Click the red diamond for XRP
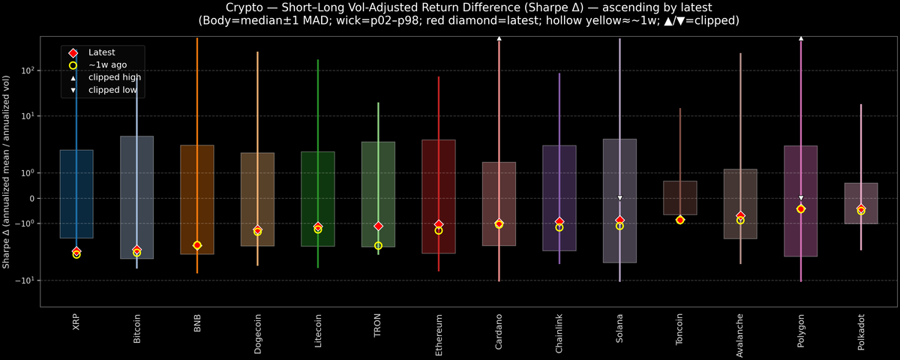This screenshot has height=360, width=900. pos(76,251)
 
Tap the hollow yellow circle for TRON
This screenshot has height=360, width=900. pos(378,245)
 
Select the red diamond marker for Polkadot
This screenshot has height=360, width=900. pos(861,208)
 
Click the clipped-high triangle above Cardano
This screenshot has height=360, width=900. pos(499,37)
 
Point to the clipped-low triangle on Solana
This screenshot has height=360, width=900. pos(619,198)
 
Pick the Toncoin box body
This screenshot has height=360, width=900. pos(679,197)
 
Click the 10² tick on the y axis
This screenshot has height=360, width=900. pos(28,70)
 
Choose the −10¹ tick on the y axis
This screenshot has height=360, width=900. pos(26,280)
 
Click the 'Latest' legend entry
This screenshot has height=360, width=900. pos(101,52)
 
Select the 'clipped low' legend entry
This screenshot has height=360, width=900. pos(112,89)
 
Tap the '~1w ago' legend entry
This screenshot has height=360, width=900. pos(107,64)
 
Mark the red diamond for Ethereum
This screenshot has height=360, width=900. pos(439,224)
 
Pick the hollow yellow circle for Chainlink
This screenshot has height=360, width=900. pos(559,227)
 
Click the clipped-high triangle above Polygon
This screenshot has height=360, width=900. pos(801,37)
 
